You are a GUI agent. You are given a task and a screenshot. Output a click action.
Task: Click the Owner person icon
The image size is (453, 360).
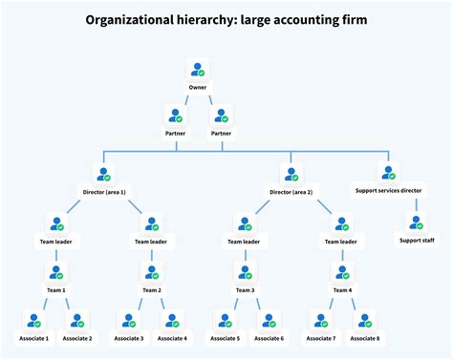(198, 70)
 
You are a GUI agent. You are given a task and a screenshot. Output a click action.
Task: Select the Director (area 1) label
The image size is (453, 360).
(104, 193)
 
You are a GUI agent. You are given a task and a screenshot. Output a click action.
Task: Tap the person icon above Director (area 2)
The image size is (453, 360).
(291, 175)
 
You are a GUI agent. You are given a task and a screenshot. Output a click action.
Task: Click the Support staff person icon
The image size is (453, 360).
(415, 223)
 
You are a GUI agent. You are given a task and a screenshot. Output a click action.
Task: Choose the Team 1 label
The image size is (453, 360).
(57, 290)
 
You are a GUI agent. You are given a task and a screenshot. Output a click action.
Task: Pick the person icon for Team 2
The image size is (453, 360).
(151, 272)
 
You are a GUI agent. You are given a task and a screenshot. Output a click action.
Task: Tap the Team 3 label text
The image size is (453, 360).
(246, 290)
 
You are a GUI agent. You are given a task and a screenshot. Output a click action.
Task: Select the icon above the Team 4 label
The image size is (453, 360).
(341, 272)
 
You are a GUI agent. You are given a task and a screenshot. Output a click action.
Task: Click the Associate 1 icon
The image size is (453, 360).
(34, 321)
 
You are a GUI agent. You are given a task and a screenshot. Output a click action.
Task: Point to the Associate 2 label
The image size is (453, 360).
(77, 339)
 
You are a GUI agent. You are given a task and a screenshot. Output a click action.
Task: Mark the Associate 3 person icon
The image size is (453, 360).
(129, 321)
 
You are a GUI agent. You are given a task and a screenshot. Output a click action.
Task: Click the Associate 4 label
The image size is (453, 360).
(173, 339)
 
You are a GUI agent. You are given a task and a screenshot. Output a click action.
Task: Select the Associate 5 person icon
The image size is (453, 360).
(224, 321)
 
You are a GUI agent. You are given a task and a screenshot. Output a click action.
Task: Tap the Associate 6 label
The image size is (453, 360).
(269, 339)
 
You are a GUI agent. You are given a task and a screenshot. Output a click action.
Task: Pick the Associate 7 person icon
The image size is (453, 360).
(320, 321)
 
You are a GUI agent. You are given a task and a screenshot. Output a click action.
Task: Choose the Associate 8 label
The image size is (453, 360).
(364, 339)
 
